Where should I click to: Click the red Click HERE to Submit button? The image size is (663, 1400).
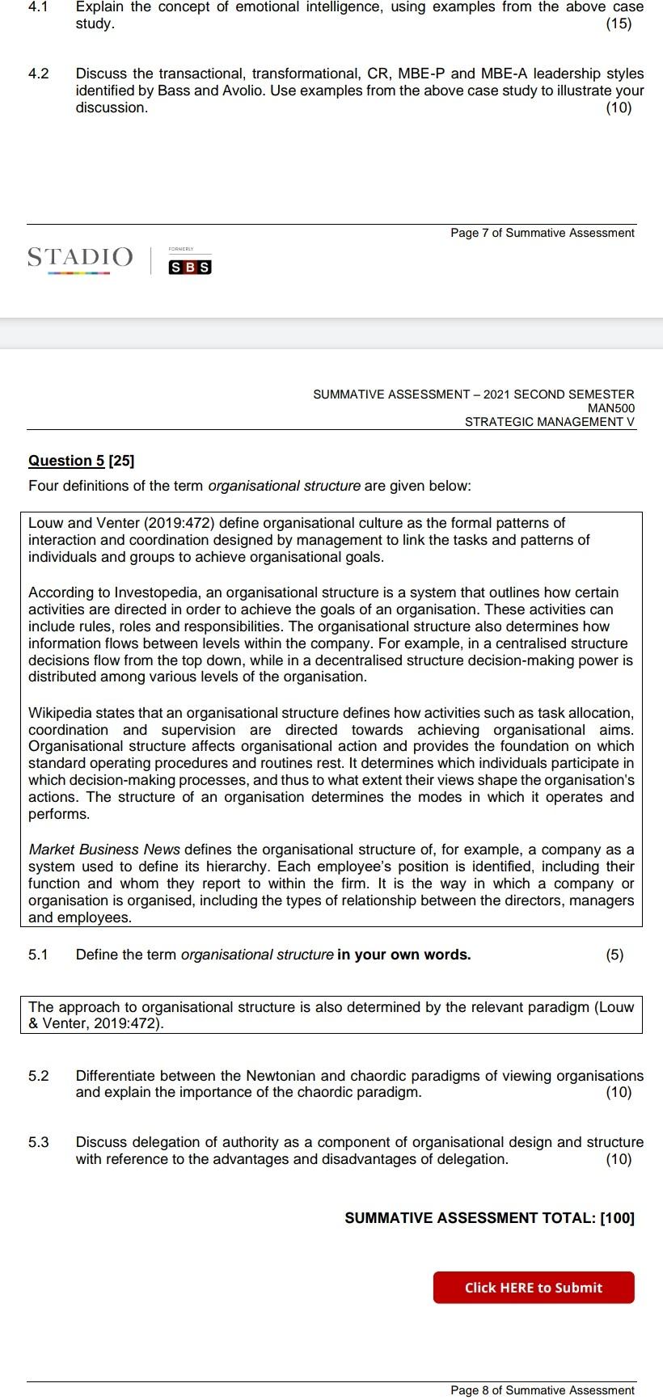534,1288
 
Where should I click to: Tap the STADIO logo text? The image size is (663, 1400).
80,257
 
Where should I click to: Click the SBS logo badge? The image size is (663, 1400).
190,268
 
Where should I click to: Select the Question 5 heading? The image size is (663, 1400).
81,461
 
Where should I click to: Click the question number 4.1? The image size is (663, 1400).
38,6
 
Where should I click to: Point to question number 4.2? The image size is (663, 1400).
38,74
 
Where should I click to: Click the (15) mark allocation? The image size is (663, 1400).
619,23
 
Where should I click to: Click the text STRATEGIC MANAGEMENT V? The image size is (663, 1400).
550,421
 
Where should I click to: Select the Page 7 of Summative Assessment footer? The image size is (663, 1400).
542,233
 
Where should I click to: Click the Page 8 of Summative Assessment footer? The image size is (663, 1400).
542,1390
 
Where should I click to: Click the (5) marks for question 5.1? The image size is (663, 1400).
614,955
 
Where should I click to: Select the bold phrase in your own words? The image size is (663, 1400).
403,955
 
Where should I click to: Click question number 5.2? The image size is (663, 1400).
38,1076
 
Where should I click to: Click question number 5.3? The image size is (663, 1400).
38,1142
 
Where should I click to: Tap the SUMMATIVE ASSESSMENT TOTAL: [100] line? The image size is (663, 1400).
489,1218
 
